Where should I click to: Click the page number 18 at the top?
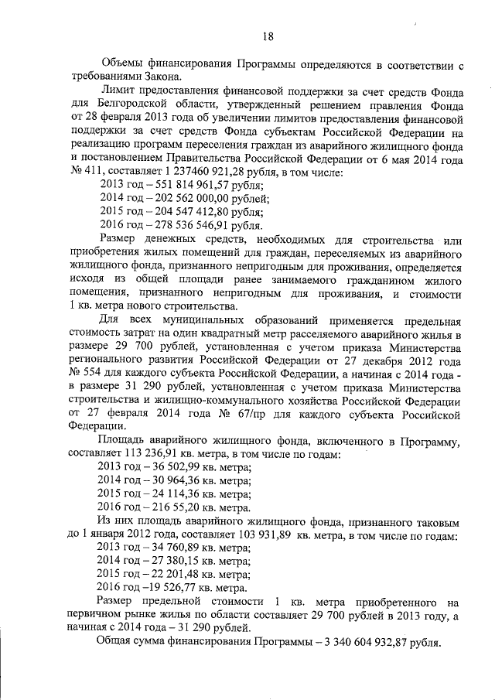(x=268, y=36)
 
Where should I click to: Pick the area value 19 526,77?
(x=174, y=588)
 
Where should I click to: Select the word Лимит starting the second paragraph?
(x=117, y=90)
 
